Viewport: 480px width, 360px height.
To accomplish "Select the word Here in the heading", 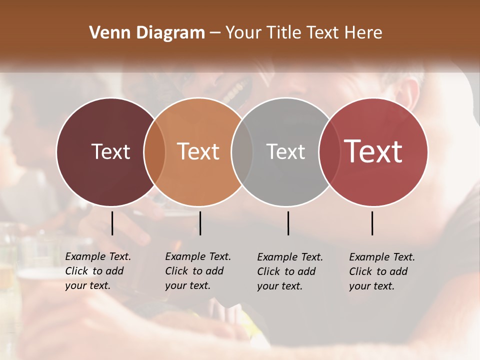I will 364,33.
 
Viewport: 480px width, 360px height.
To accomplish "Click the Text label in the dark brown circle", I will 110,151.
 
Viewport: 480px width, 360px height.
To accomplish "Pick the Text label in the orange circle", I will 198,151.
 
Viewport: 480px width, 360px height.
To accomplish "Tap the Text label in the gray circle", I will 285,151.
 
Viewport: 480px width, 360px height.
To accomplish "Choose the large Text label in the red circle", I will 373,151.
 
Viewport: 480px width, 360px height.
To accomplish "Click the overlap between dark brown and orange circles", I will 154,152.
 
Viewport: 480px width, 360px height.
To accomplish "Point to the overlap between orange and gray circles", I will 242,152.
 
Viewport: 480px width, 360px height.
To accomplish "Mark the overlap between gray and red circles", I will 329,152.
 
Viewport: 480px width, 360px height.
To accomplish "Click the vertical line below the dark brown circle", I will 112,223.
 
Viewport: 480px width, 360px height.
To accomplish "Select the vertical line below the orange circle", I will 200,223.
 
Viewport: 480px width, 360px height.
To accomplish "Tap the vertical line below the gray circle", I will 288,223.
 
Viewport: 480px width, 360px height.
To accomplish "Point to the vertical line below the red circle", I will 372,223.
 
